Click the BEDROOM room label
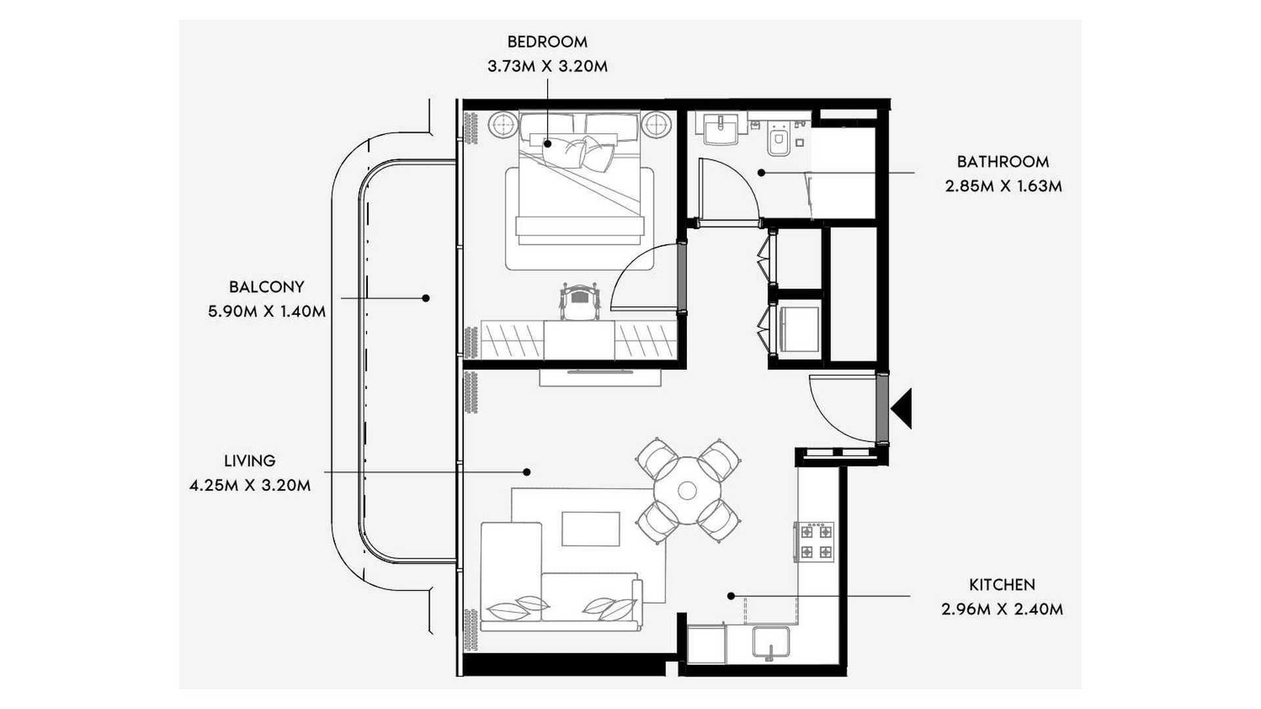[x=547, y=42]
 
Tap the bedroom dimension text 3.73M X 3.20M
[x=547, y=66]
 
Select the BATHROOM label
[x=1003, y=161]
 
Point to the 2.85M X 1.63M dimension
[x=1004, y=186]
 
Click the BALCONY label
[x=267, y=287]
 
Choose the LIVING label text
[x=250, y=461]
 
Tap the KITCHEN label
[x=1002, y=585]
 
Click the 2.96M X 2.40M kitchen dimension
[x=1002, y=609]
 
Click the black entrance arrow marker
[x=902, y=408]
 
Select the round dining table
[x=687, y=490]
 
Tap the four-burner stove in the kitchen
[x=815, y=542]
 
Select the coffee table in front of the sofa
[x=591, y=529]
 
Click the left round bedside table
[x=504, y=125]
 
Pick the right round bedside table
[x=656, y=125]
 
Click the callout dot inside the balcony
[x=426, y=298]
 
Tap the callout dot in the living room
[x=527, y=472]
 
